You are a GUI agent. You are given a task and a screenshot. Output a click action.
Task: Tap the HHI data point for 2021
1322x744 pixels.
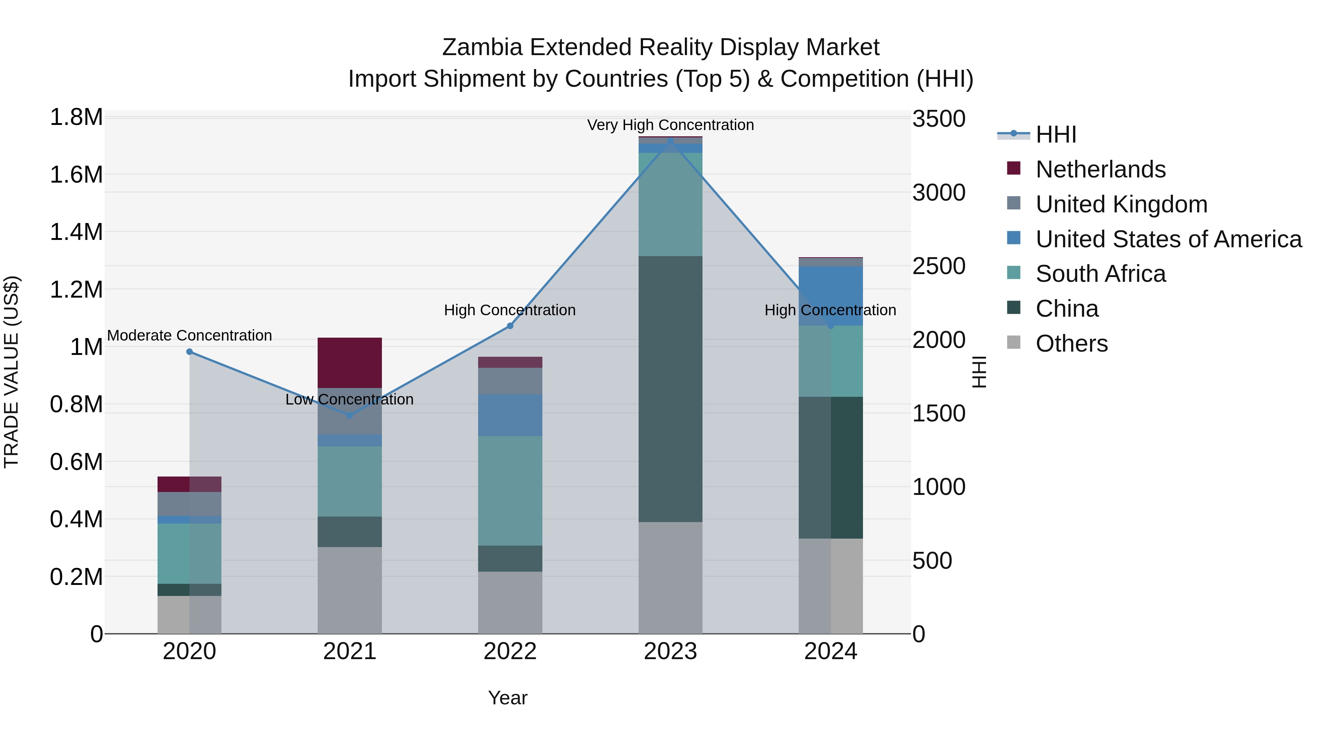(350, 415)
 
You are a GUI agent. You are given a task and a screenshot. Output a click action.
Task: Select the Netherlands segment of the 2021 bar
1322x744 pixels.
(350, 363)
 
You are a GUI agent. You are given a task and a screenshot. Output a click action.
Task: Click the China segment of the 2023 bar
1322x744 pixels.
(670, 389)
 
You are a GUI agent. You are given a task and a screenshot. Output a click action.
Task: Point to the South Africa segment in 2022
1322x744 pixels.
(510, 490)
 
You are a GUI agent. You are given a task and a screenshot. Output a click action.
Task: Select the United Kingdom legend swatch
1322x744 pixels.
(1014, 203)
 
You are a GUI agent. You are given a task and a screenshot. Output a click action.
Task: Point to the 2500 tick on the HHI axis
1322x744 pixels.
(939, 266)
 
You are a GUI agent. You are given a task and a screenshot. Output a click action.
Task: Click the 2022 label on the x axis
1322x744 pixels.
(510, 651)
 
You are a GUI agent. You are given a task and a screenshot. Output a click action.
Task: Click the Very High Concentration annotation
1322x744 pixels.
(670, 125)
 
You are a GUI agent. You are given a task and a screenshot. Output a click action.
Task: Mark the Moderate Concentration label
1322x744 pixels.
(189, 335)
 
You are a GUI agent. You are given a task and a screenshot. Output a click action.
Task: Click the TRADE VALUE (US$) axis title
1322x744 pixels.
(11, 372)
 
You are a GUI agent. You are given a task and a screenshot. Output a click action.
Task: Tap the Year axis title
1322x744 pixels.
(508, 698)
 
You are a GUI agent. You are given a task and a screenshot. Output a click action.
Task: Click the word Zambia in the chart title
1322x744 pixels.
(482, 47)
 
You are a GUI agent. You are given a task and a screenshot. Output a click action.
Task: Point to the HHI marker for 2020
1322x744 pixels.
(189, 352)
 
